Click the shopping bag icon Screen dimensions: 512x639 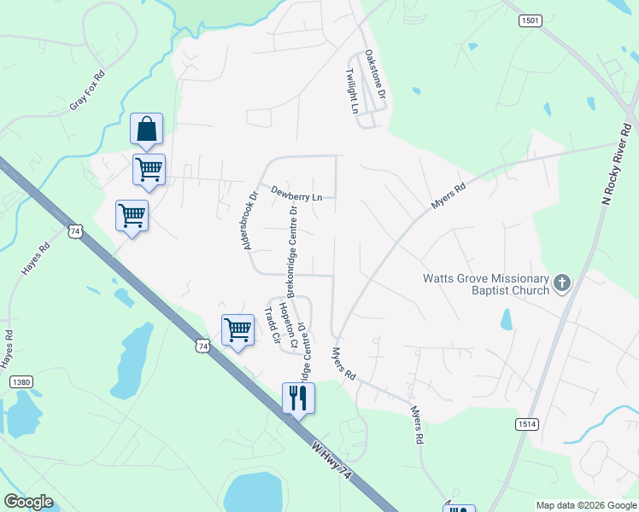146,130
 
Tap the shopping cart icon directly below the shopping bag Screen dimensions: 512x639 149,169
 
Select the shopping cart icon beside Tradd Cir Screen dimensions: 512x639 237,329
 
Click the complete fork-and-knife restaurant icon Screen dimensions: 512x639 299,398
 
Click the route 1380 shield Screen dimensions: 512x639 21,382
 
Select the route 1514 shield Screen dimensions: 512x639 527,424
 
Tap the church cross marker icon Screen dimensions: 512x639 562,283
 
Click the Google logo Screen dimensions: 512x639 28,502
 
